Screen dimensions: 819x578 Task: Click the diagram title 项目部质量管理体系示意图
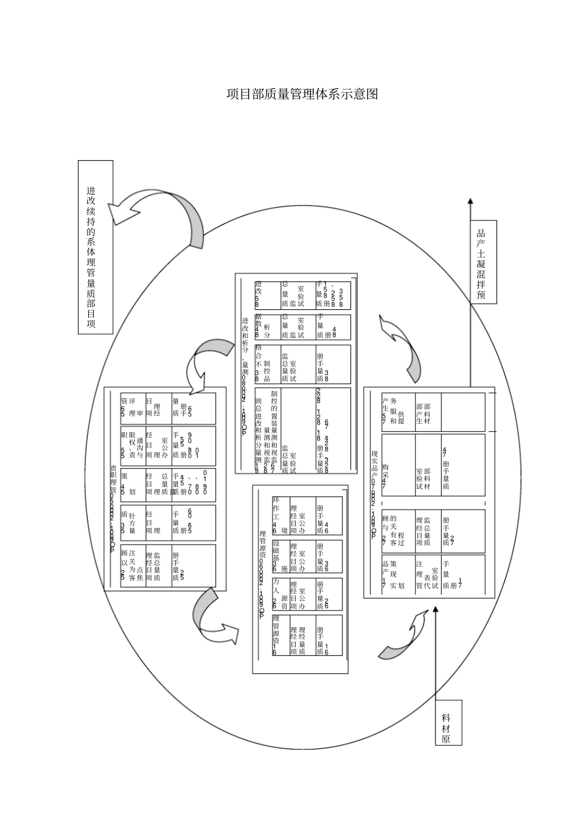pos(302,94)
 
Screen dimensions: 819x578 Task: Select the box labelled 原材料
pos(448,722)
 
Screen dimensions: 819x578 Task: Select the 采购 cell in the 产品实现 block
pos(397,465)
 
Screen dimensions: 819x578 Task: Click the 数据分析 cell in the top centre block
pos(267,327)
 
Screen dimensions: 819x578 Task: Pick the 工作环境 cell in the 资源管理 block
pos(280,516)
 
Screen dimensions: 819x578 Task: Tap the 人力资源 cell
pos(280,594)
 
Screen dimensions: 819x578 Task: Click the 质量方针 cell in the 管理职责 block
pos(132,522)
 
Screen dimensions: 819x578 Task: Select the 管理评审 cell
pos(132,408)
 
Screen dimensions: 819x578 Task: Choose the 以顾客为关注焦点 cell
pos(132,566)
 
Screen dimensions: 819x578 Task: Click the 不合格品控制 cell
pos(267,364)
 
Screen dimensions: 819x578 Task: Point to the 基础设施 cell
pos(280,555)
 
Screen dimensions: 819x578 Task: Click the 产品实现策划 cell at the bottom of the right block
pos(397,574)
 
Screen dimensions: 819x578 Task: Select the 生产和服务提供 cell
pos(397,412)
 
